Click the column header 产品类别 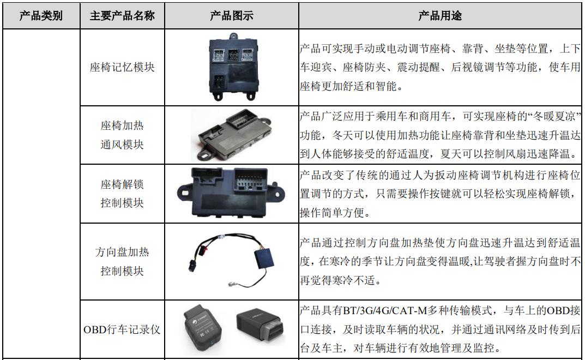[41, 16]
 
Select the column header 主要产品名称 [122, 16]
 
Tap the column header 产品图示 [232, 16]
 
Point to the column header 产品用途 [440, 16]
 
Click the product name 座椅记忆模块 [122, 68]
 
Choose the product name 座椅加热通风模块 [122, 135]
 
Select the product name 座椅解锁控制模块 [122, 193]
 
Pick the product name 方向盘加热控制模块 [122, 261]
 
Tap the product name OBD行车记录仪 [122, 329]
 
